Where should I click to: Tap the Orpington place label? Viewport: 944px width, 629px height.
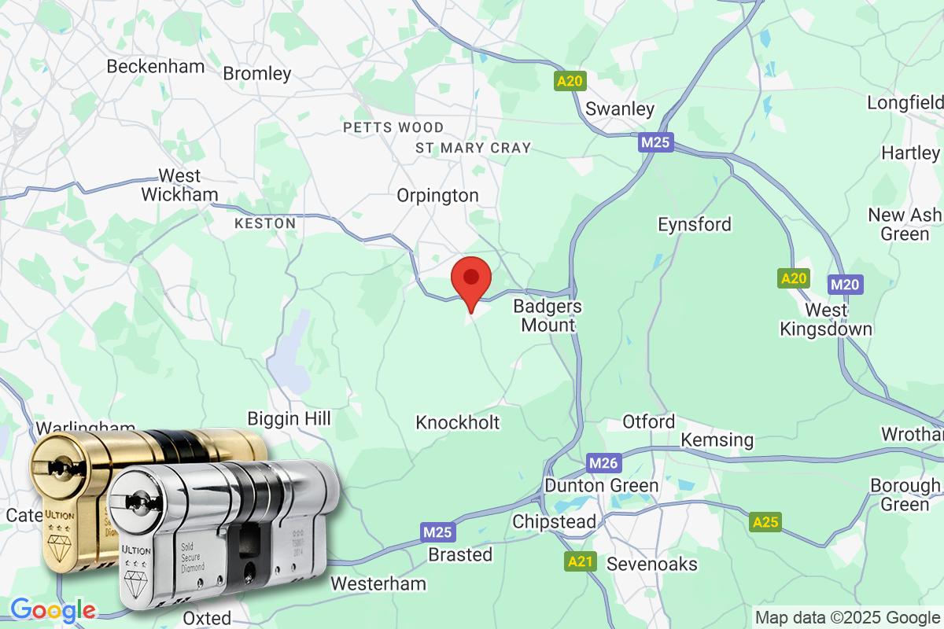coord(437,196)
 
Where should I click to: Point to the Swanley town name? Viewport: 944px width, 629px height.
coord(621,109)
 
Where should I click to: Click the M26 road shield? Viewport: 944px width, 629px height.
coord(603,463)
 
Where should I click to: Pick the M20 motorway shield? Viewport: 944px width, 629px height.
coord(845,285)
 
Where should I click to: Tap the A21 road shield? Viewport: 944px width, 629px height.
coord(581,561)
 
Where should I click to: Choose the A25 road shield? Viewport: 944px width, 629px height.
coord(765,522)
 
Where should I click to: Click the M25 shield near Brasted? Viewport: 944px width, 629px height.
coord(437,532)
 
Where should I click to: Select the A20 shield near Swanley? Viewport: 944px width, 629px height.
coord(570,81)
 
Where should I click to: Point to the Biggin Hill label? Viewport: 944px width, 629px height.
coord(289,418)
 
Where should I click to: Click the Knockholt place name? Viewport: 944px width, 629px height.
coord(457,423)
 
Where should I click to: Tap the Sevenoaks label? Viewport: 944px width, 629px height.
coord(641,565)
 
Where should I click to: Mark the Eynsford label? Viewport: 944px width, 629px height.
coord(695,225)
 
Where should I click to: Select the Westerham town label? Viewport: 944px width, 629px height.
coord(378,584)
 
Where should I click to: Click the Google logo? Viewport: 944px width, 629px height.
coord(53,609)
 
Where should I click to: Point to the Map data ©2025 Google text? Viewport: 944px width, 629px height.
coord(847,616)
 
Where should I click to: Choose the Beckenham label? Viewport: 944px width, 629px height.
coord(155,66)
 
